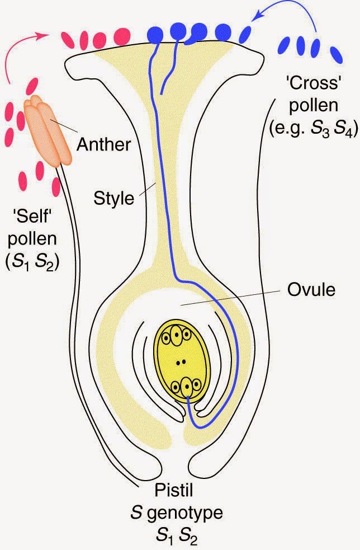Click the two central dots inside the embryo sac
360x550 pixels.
coord(179,363)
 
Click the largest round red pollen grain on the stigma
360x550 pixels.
coord(121,37)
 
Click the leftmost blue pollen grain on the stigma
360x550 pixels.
coord(154,35)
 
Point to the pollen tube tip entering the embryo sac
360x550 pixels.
coord(188,398)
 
